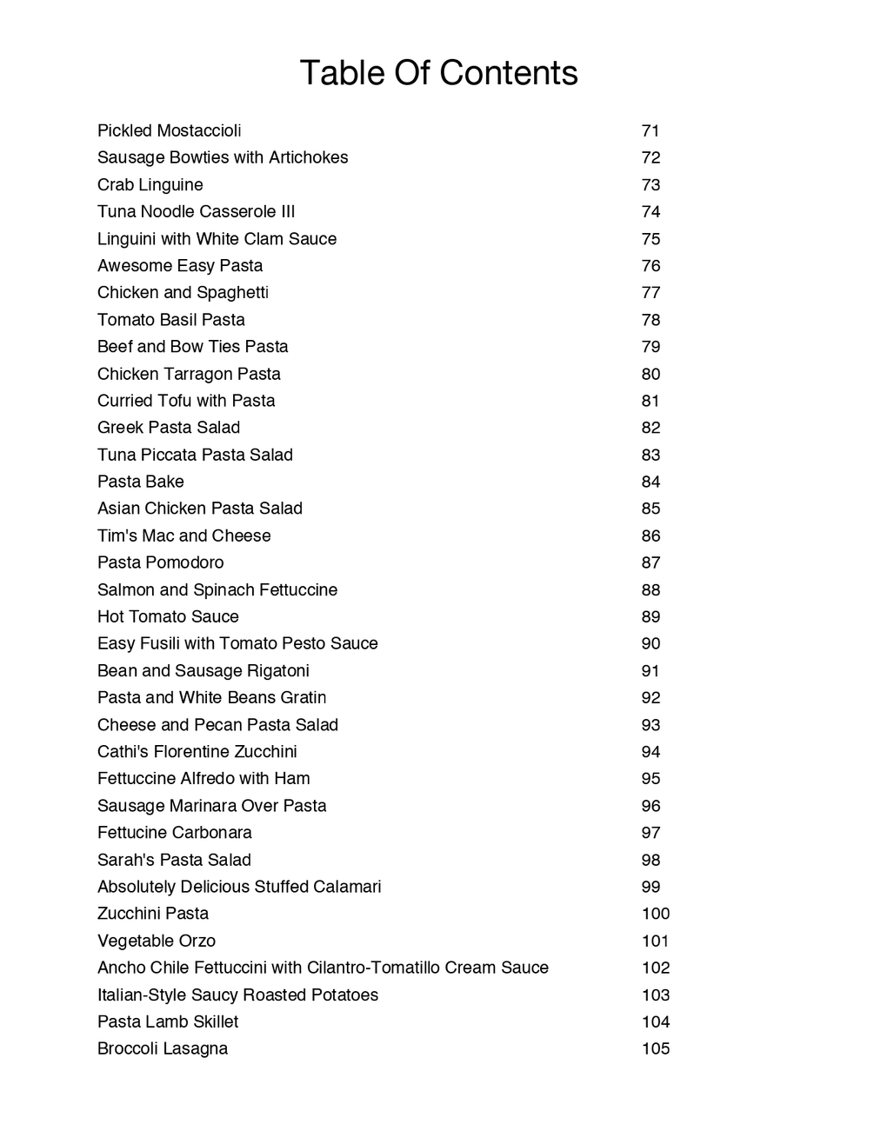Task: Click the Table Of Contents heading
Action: [438, 73]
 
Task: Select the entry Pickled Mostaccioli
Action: [170, 131]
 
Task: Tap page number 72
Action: [650, 158]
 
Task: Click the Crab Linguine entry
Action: [150, 185]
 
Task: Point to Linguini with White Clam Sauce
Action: [217, 239]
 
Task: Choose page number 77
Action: [650, 293]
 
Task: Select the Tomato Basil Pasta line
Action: [171, 320]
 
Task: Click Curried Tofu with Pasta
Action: [186, 401]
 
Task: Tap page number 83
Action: [650, 455]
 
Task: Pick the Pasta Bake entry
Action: [141, 482]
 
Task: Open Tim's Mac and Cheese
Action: [184, 536]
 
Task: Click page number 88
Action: [650, 590]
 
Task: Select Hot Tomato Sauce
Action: [168, 617]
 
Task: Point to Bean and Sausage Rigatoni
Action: [203, 671]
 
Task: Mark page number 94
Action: [650, 752]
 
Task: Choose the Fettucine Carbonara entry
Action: [175, 833]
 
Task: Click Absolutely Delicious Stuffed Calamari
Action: [239, 887]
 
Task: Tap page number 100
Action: [656, 914]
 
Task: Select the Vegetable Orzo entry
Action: [157, 941]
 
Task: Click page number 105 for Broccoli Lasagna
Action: [656, 1048]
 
